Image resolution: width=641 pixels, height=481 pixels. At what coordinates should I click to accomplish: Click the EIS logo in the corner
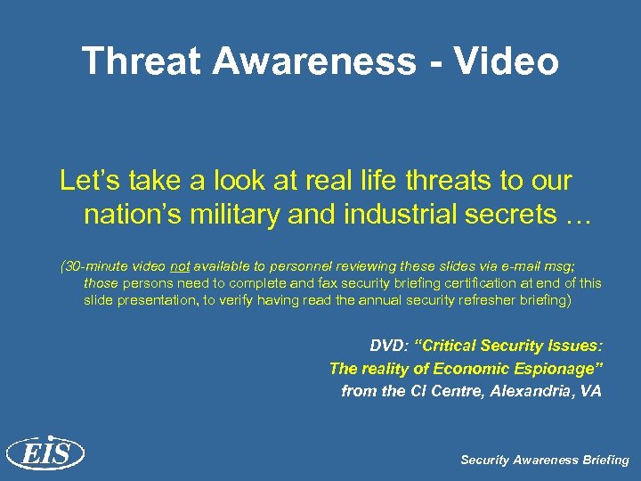(x=45, y=453)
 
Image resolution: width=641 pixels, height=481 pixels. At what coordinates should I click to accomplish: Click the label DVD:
(x=388, y=346)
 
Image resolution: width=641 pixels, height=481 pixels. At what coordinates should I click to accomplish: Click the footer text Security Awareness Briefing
(x=544, y=460)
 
